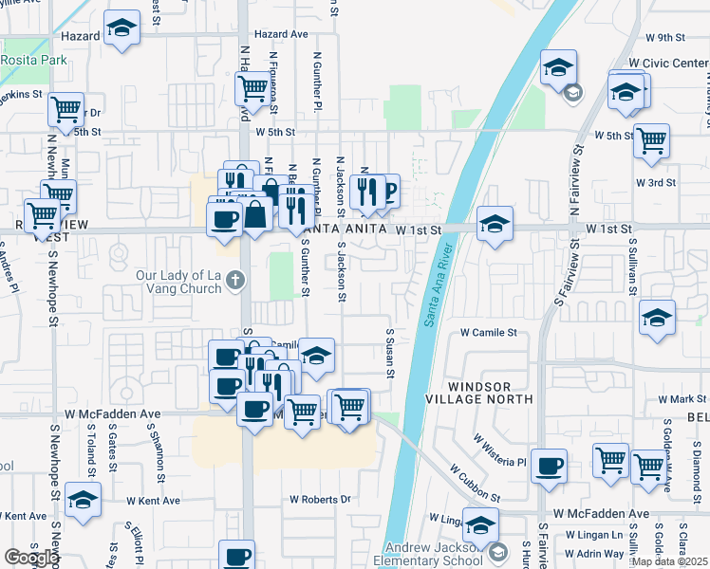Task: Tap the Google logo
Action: point(31,558)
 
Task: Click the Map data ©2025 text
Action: point(668,561)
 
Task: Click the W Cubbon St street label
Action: point(475,482)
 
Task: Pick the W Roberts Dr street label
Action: point(320,499)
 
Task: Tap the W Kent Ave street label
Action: point(152,500)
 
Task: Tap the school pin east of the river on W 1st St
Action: point(495,226)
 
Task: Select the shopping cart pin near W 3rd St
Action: point(651,140)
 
